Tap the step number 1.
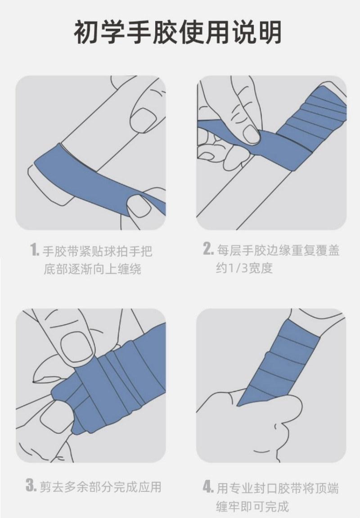coord(34,250)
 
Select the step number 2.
coord(208,249)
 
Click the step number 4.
coord(208,486)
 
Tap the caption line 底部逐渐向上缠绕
coord(92,269)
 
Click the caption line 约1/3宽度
coord(244,268)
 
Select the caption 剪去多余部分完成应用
coord(100,486)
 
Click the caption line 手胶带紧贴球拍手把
coord(98,251)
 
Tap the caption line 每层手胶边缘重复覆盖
coord(278,249)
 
